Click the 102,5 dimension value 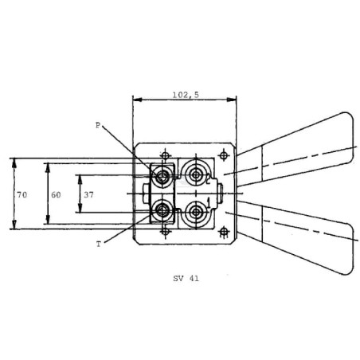tap(186, 95)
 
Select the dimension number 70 tap(22, 195)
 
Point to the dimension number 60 tap(56, 195)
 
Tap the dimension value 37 tap(89, 195)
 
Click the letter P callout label tap(98, 125)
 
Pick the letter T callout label tap(99, 245)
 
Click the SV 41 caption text tap(186, 279)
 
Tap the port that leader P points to tap(162, 176)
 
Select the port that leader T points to tap(162, 211)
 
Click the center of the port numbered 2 tap(196, 175)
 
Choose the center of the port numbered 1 tap(196, 212)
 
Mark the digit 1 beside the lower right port tap(209, 202)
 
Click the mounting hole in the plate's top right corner tap(224, 155)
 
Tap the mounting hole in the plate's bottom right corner tap(224, 232)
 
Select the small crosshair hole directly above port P tap(166, 155)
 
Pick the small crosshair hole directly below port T tap(166, 231)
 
